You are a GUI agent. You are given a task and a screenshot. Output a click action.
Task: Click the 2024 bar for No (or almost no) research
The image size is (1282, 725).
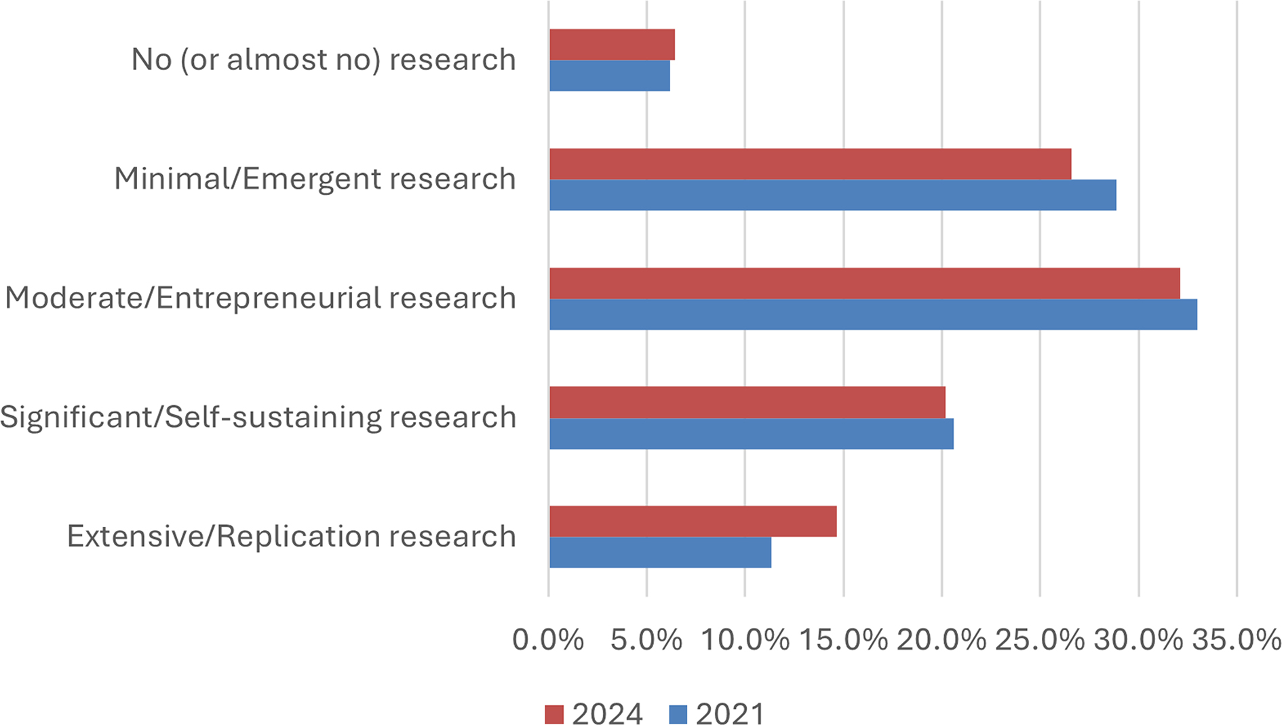coord(612,45)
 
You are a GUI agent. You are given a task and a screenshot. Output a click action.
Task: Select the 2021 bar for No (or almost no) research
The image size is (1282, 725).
coord(609,75)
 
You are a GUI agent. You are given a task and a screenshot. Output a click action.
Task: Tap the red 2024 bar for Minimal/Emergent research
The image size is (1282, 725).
coord(810,164)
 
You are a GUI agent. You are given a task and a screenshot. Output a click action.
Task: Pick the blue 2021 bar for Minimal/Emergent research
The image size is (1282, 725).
coord(832,195)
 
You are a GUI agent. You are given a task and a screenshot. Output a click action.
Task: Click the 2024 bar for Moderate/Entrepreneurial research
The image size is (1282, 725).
coord(864,283)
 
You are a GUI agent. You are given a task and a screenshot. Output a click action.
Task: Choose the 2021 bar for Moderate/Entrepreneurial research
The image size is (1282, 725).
coord(873,314)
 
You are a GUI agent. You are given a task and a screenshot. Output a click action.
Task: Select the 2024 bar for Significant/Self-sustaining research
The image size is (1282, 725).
coord(747,402)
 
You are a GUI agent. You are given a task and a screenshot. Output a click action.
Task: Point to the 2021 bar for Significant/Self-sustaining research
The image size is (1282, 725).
coord(751,433)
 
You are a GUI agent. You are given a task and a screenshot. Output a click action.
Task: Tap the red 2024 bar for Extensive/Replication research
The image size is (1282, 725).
coord(693,521)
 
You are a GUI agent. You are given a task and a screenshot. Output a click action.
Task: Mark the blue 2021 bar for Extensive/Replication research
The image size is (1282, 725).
coord(660,552)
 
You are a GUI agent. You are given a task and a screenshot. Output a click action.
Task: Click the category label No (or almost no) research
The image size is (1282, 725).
coord(324,60)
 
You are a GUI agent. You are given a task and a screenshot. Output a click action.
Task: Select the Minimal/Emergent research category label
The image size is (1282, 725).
coord(315,179)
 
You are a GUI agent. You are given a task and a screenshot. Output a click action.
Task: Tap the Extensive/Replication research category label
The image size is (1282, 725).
coord(292,536)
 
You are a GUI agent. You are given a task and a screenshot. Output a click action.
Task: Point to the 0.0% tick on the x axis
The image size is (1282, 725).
coord(548,639)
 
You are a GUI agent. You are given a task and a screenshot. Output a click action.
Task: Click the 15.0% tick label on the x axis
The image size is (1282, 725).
coord(843,639)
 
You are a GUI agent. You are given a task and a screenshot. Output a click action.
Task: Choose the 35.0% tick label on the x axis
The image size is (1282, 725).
coord(1237,639)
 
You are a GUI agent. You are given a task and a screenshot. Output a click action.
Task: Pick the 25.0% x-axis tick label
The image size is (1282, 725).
coord(1040,639)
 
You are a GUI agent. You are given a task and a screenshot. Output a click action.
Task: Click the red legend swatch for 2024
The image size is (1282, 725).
coord(554,714)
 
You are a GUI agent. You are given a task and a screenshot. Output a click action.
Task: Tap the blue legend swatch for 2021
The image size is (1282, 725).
coord(678,714)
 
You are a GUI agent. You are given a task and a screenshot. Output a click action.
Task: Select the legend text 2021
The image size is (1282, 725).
coord(731,714)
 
